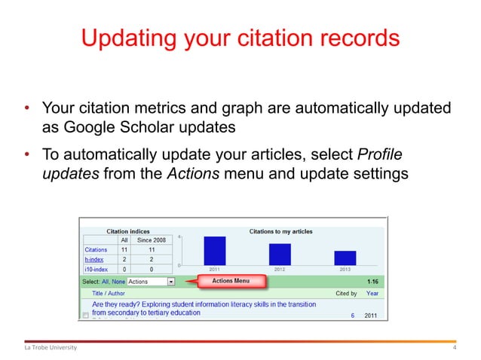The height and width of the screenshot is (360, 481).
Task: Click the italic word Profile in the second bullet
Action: click(x=379, y=155)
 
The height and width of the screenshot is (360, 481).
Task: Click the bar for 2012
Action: click(x=280, y=254)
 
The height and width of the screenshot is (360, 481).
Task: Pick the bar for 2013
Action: click(x=345, y=258)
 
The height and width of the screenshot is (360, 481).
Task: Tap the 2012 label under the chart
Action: click(x=280, y=269)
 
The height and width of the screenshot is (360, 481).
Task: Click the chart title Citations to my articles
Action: click(x=280, y=231)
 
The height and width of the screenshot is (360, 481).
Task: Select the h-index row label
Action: click(x=93, y=258)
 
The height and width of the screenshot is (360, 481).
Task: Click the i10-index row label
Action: click(x=96, y=268)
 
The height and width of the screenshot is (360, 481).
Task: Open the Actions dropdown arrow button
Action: click(x=171, y=282)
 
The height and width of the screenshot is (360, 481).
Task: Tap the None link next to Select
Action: click(x=118, y=282)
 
